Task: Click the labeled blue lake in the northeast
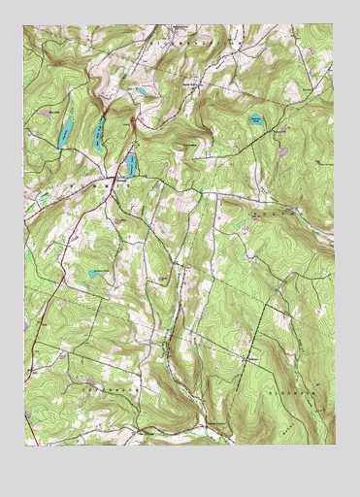tap(254, 120)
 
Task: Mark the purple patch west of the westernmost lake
tap(44, 115)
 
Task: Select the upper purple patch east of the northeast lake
tap(281, 127)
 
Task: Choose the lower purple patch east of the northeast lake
tap(282, 151)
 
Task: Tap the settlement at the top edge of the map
tap(180, 27)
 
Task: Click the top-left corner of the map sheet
tap(25, 25)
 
